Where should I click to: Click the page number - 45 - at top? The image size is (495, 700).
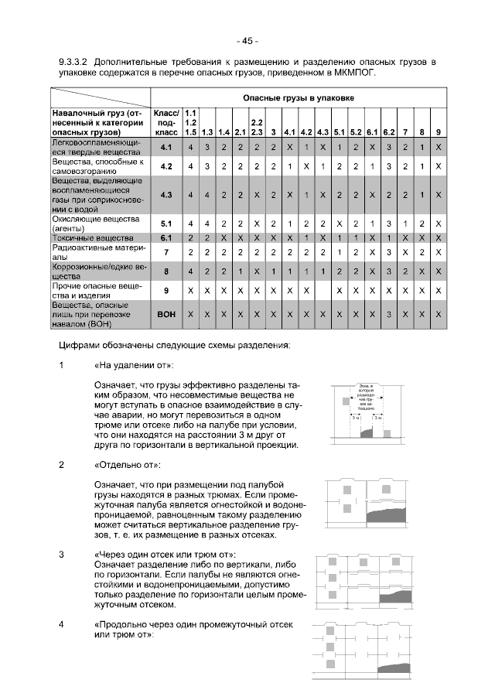pyautogui.click(x=247, y=41)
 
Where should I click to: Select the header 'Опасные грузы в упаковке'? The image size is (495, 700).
pyautogui.click(x=299, y=98)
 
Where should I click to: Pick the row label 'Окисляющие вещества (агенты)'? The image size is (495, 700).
pyautogui.click(x=94, y=224)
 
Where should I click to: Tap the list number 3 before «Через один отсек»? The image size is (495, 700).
pyautogui.click(x=62, y=555)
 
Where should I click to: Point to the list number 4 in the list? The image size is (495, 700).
pyautogui.click(x=62, y=624)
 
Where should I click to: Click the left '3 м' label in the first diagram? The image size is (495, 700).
pyautogui.click(x=356, y=417)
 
